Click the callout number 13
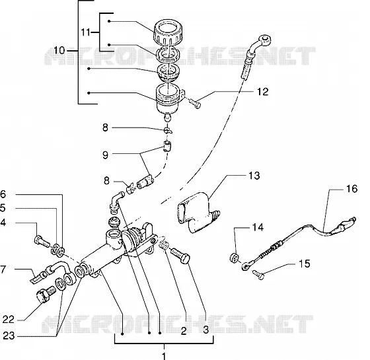254,176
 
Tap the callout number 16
351,189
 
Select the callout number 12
263,92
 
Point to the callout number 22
9,320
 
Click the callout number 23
9,336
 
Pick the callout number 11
85,32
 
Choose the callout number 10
59,50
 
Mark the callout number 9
105,155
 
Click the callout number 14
258,227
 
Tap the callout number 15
305,264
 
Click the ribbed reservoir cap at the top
168,32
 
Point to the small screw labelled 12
195,104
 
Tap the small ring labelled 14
235,258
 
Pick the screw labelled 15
258,275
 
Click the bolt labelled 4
42,241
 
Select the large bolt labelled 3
180,256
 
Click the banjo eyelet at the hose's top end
265,40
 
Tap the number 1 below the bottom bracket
165,356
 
